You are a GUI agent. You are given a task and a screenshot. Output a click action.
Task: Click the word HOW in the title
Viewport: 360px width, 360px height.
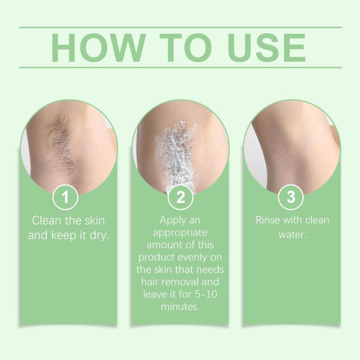(98, 48)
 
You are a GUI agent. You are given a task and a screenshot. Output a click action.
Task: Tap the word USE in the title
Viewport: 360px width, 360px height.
(266, 48)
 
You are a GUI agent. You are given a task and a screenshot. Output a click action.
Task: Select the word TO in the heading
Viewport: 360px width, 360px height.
(185, 48)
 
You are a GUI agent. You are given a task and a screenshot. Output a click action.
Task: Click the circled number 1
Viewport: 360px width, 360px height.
(65, 197)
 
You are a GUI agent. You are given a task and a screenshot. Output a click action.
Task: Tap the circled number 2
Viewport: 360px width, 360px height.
(180, 197)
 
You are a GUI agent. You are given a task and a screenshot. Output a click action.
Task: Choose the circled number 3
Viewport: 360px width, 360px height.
(291, 197)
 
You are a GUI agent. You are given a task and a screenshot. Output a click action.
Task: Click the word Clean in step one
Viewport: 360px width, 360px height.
(47, 220)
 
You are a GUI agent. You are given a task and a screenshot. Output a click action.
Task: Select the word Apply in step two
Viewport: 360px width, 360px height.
(171, 220)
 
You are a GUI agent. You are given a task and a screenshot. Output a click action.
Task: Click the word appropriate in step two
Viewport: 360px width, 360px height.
(180, 233)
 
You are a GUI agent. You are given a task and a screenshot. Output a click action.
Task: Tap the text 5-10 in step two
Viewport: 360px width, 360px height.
(206, 294)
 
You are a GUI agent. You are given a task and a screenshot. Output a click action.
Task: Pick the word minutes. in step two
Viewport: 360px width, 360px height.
(180, 306)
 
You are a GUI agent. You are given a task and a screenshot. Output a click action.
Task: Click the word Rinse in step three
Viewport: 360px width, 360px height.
(268, 220)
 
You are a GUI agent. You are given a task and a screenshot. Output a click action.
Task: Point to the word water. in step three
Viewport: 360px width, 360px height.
(292, 234)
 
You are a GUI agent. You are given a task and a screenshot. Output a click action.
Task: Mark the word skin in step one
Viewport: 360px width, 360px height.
(94, 220)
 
